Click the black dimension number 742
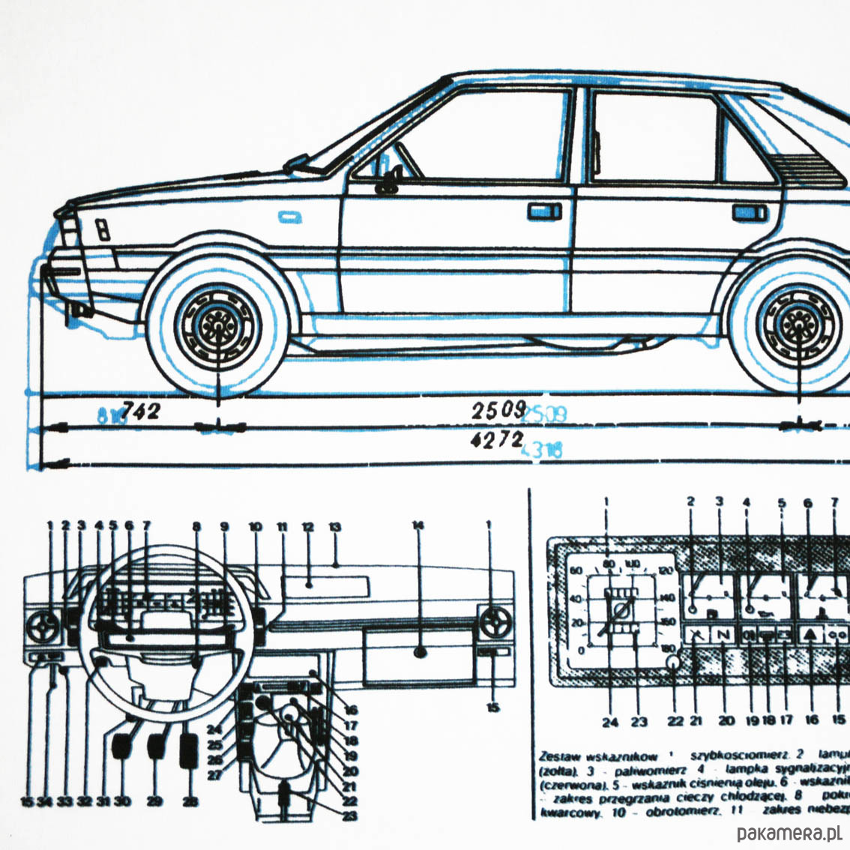point(141,410)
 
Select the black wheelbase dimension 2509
point(496,409)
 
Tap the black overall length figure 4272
point(495,439)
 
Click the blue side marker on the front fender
point(290,217)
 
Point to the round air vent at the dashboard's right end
point(495,621)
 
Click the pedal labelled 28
point(190,749)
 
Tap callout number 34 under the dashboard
point(45,801)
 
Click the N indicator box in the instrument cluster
point(723,634)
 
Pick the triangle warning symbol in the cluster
point(810,634)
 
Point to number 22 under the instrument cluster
point(675,721)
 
